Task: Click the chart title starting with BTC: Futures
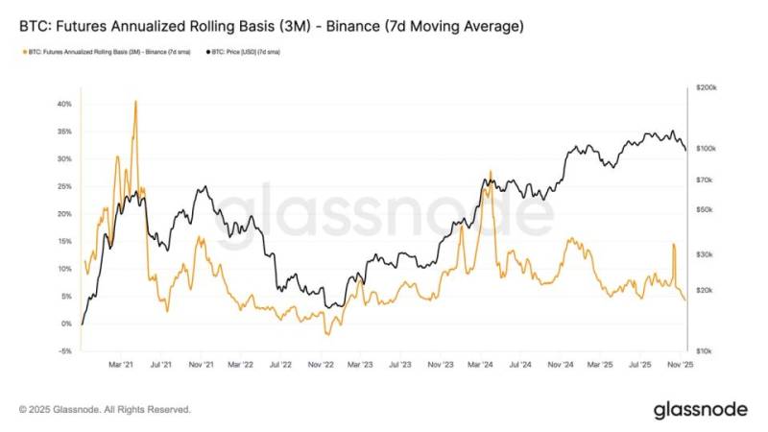click(272, 27)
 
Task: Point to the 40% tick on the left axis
click(64, 104)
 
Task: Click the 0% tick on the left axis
click(67, 324)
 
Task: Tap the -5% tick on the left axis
click(65, 351)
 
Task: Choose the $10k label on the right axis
click(703, 351)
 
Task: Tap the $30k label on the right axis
click(703, 254)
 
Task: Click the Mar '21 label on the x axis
click(120, 365)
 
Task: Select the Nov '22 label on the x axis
click(321, 365)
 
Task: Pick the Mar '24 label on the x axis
click(480, 365)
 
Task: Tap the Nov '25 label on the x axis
click(681, 365)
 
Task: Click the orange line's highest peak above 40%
click(135, 101)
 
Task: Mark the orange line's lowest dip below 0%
click(327, 334)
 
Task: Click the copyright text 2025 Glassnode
click(105, 410)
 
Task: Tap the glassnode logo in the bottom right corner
click(700, 410)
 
